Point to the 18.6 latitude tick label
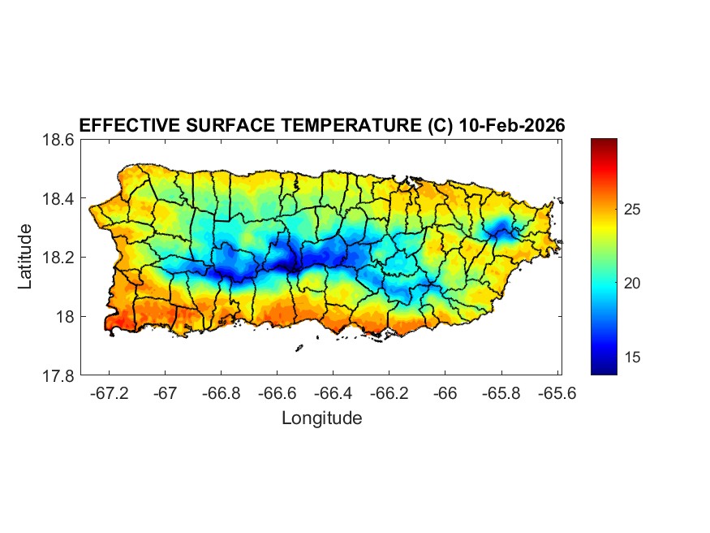tap(58, 140)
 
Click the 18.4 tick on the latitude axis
tap(58, 199)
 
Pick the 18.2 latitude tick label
tap(58, 258)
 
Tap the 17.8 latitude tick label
tap(58, 375)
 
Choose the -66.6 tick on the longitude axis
tap(277, 392)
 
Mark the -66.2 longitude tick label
tap(389, 392)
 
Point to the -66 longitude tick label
tap(445, 392)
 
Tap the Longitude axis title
tap(321, 418)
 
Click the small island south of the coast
tap(299, 348)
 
